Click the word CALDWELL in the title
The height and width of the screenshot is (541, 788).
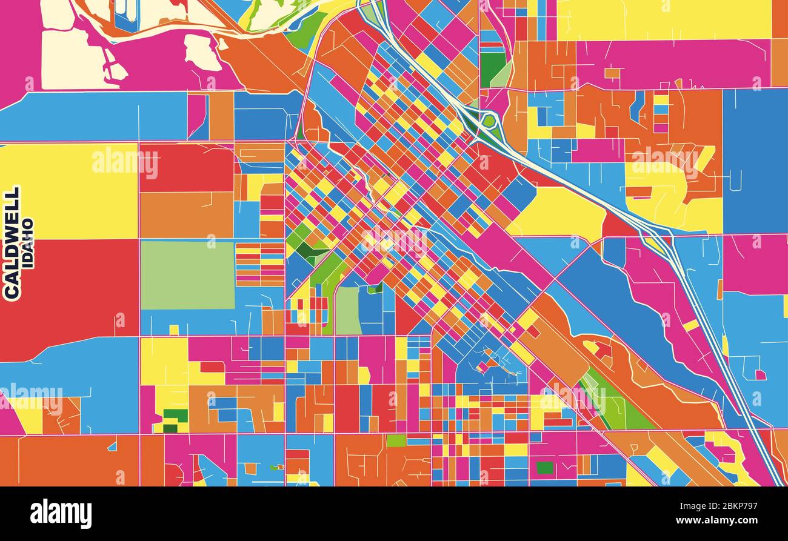[x=12, y=242]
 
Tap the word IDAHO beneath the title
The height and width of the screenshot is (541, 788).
[x=28, y=242]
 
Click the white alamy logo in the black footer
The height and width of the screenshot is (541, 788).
[x=61, y=514]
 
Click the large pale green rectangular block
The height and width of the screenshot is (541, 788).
[x=187, y=275]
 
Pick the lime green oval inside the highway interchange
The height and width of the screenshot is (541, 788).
[x=488, y=121]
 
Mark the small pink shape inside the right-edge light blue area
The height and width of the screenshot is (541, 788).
[x=760, y=375]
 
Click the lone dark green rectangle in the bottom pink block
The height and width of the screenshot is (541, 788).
[x=544, y=468]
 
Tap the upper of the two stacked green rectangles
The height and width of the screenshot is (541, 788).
[x=176, y=416]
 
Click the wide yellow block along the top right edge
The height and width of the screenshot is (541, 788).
[x=661, y=19]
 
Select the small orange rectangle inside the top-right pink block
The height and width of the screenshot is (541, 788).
[x=612, y=73]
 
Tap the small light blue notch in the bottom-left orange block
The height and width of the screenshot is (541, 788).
[x=112, y=446]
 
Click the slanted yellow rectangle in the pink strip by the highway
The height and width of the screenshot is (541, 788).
[x=690, y=325]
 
